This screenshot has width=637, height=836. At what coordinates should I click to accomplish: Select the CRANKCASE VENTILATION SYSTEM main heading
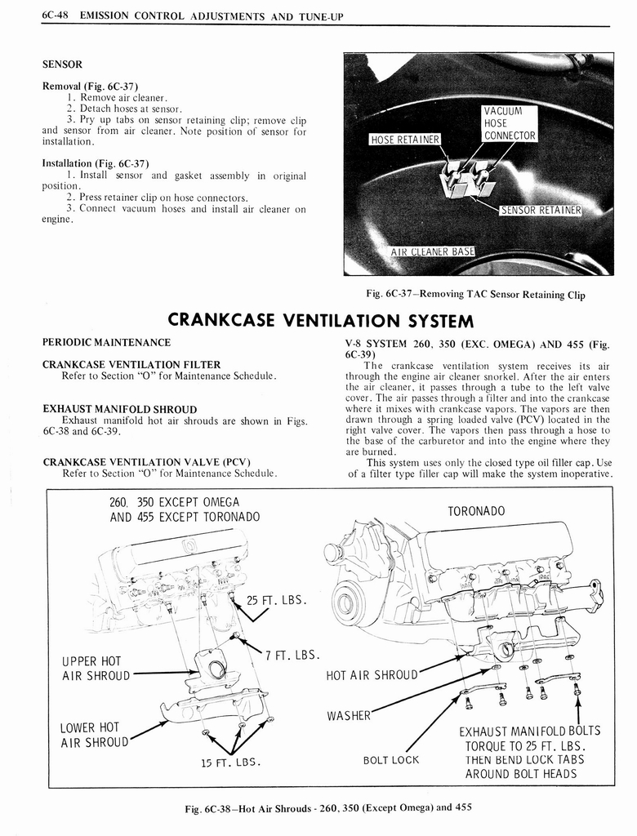[320, 318]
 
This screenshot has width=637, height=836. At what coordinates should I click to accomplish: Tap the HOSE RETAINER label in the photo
[405, 139]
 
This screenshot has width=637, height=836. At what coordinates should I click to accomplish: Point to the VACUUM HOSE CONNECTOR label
[509, 123]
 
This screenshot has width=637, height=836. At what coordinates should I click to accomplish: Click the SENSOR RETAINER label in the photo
[540, 210]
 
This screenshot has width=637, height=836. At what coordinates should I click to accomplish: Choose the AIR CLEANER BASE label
[432, 251]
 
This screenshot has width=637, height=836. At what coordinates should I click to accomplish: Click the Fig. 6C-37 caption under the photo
[476, 294]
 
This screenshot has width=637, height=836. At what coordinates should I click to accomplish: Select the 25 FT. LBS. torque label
[276, 601]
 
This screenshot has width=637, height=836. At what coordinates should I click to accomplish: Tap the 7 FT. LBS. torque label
[292, 655]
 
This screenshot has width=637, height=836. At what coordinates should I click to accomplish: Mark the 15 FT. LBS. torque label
[230, 762]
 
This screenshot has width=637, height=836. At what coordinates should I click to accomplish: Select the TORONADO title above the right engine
[476, 511]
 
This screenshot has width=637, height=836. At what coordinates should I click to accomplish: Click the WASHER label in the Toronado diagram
[349, 715]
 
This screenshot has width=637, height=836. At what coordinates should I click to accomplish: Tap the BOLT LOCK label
[390, 759]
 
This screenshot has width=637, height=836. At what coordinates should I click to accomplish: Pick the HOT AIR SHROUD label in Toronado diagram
[372, 675]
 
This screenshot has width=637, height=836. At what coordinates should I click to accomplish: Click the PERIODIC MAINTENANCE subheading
[106, 342]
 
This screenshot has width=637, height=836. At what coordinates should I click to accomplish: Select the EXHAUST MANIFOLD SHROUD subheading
[119, 408]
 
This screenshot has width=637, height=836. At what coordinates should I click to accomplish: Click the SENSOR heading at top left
[62, 63]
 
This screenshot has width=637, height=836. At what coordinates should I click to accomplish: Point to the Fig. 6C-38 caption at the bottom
[327, 807]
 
